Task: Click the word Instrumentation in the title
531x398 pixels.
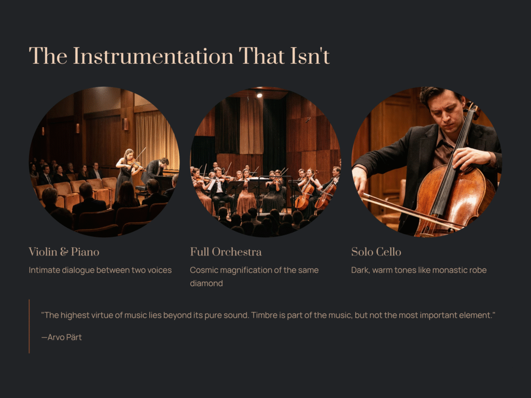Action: [x=153, y=56]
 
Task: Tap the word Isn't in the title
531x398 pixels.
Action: [x=310, y=56]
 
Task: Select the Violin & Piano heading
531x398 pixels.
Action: [x=64, y=252]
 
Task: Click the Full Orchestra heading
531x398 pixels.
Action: [x=226, y=252]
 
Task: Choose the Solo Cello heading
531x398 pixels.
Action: [x=376, y=252]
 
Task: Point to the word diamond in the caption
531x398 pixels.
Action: [x=206, y=283]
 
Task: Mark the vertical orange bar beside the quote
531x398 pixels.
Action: [x=29, y=326]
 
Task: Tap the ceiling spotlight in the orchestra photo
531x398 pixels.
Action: [x=259, y=95]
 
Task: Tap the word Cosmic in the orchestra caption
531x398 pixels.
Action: [x=203, y=270]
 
